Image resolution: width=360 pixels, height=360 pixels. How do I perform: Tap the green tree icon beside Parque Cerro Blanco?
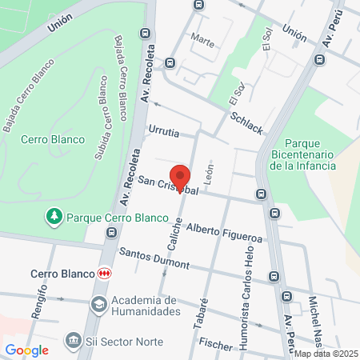(54, 216)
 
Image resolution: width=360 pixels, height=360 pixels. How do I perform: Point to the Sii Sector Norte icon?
(73, 342)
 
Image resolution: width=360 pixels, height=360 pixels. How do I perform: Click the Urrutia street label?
(163, 128)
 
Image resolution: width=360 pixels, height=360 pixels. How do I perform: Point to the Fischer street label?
(215, 345)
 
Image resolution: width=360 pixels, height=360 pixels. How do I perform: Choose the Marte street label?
(203, 42)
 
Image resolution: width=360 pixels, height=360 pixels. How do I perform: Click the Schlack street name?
(246, 122)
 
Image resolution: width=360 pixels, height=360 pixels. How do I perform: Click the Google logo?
(27, 350)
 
